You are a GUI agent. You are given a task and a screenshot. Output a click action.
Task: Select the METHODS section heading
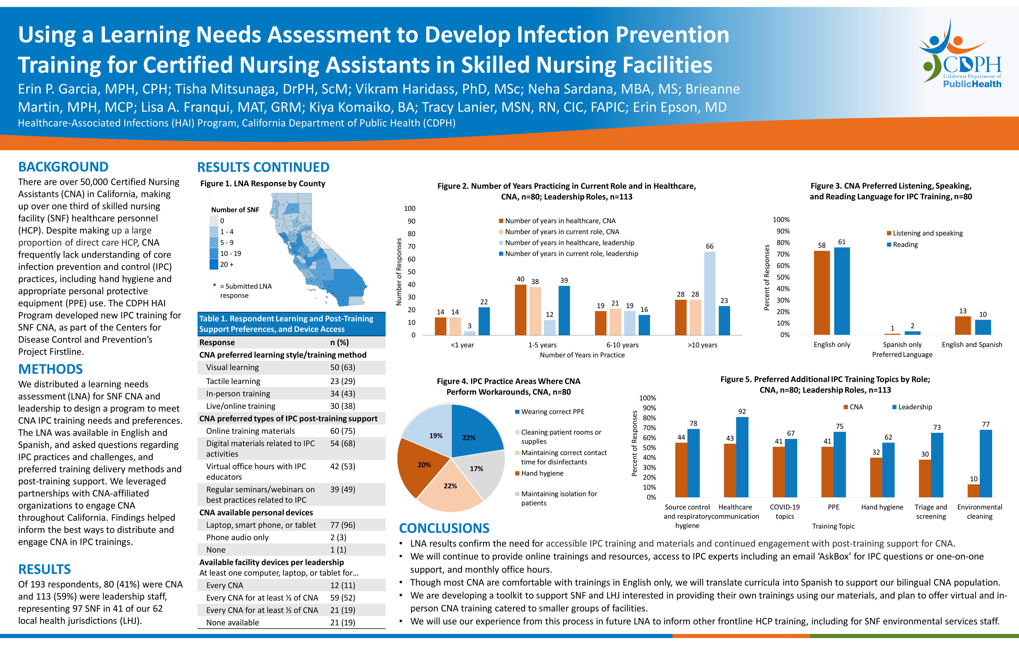tap(51, 369)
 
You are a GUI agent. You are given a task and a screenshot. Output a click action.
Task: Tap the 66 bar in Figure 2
tap(710, 293)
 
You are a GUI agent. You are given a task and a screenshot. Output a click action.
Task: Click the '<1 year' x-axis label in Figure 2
tap(462, 345)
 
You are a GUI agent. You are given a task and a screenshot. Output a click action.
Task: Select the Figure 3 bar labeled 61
tap(842, 291)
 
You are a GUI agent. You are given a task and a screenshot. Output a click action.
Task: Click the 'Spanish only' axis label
tap(902, 344)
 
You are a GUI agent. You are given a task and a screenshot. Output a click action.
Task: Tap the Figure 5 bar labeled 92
tap(742, 457)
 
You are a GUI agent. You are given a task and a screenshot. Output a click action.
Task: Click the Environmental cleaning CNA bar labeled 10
tap(973, 491)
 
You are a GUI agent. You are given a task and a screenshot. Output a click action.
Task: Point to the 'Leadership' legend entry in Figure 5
tap(912, 407)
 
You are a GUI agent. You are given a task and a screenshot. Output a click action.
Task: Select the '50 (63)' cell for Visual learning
tap(343, 367)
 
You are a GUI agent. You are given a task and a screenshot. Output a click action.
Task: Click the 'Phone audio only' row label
tap(237, 538)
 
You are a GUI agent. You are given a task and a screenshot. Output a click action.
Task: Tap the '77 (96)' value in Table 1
tap(343, 525)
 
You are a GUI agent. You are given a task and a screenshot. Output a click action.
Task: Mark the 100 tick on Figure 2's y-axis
tap(410, 208)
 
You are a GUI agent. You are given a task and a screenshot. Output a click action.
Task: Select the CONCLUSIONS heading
tap(444, 528)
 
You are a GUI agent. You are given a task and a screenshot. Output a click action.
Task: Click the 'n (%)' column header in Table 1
tap(340, 342)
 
